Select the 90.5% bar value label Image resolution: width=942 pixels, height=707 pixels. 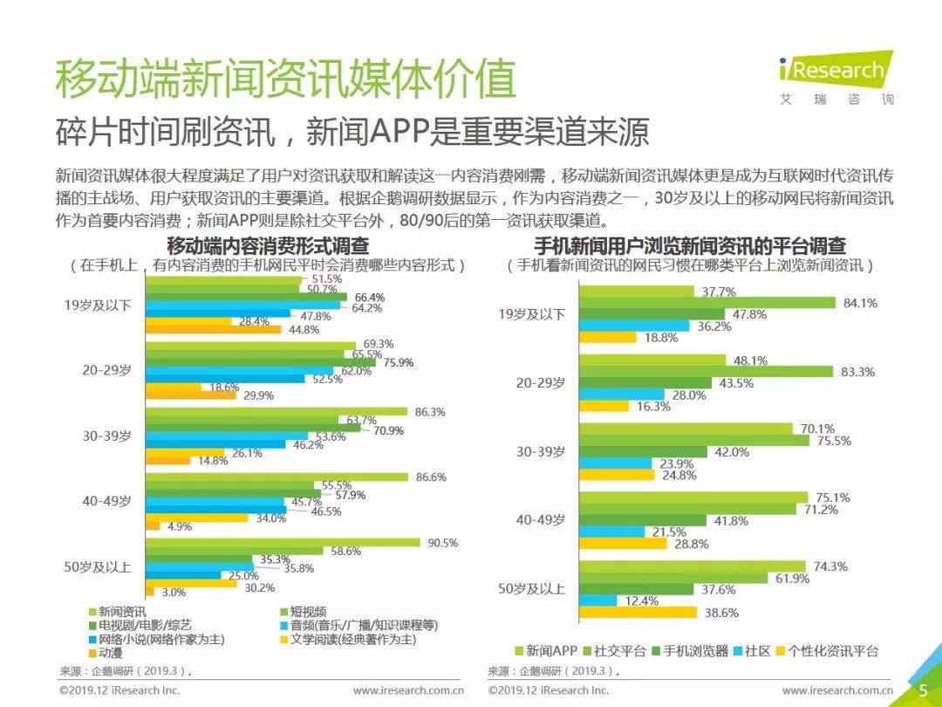click(442, 542)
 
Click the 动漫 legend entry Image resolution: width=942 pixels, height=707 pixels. click(111, 651)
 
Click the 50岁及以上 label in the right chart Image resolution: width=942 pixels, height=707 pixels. click(531, 589)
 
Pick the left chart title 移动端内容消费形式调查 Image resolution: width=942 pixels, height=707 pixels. click(267, 246)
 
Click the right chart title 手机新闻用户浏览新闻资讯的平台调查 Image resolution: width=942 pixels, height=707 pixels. click(689, 246)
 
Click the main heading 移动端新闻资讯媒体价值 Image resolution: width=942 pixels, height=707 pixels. click(285, 79)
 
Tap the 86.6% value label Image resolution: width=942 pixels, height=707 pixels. click(431, 477)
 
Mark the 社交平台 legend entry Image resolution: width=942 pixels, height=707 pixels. click(621, 650)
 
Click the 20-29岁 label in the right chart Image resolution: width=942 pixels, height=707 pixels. click(540, 382)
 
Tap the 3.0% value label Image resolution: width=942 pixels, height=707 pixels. click(174, 592)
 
